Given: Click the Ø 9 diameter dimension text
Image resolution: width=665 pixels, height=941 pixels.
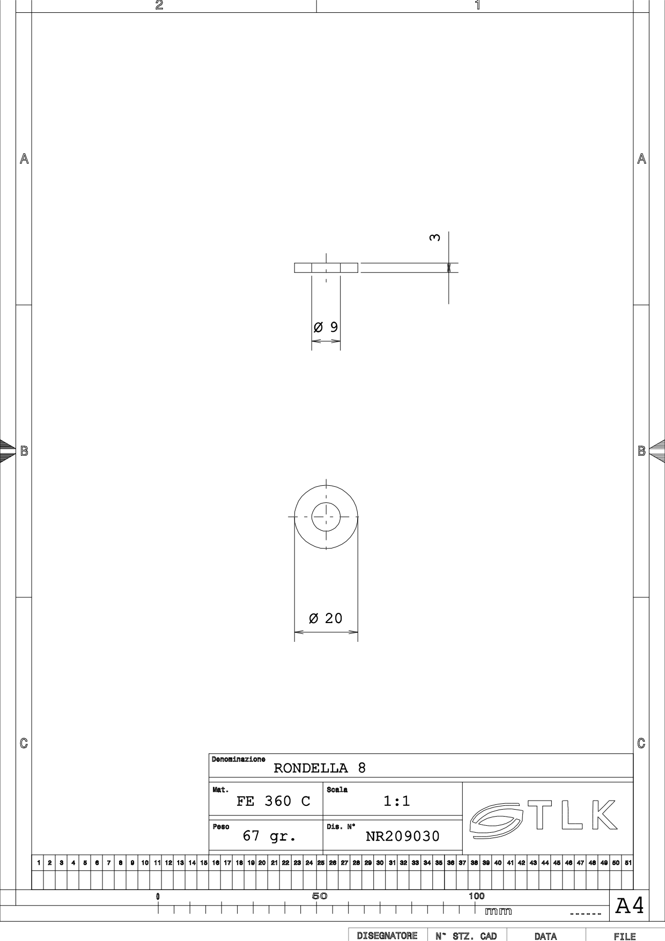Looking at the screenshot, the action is pyautogui.click(x=326, y=327).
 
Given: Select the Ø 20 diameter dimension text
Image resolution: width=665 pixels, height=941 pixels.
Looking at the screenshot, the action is pyautogui.click(x=326, y=618).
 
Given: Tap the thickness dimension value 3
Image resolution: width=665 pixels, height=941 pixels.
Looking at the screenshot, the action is pyautogui.click(x=435, y=237).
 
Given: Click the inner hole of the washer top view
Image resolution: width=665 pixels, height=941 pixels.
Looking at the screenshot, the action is pyautogui.click(x=326, y=502).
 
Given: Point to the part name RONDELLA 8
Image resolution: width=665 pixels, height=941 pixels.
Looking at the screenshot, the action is pyautogui.click(x=320, y=768).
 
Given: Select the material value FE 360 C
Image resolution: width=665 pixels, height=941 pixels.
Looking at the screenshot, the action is pyautogui.click(x=274, y=801).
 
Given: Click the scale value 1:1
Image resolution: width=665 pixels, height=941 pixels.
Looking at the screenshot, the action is pyautogui.click(x=397, y=801).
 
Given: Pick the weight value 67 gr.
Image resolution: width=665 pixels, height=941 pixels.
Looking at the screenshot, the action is pyautogui.click(x=269, y=836).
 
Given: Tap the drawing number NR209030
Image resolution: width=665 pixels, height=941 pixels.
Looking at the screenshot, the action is pyautogui.click(x=403, y=836).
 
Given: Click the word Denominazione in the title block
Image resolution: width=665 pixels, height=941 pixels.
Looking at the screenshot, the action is pyautogui.click(x=238, y=759).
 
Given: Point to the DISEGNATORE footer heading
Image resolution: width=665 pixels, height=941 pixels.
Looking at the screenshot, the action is pyautogui.click(x=387, y=936).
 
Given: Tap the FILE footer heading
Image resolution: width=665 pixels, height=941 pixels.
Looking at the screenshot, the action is pyautogui.click(x=625, y=936).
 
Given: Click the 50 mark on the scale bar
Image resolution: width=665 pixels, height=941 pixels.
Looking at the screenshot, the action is pyautogui.click(x=320, y=896).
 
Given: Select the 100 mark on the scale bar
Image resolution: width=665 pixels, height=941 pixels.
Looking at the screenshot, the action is pyautogui.click(x=476, y=896).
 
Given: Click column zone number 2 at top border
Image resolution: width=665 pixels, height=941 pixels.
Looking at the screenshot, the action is pyautogui.click(x=159, y=5).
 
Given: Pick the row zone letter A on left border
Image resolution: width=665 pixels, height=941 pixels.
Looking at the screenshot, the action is pyautogui.click(x=24, y=159).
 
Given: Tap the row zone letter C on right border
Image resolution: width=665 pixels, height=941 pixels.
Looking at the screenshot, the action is pyautogui.click(x=641, y=743).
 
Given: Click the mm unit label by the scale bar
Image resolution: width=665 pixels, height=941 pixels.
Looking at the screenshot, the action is pyautogui.click(x=498, y=911).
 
